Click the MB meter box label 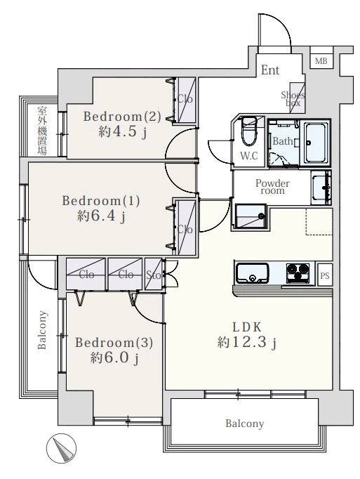point(321,61)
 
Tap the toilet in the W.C point(249,132)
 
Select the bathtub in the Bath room point(315,143)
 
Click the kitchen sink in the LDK point(253,273)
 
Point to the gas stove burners point(298,272)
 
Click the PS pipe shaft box point(325,275)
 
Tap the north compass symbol point(61,448)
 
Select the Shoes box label point(293,98)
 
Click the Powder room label point(272,187)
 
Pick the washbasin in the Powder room point(321,188)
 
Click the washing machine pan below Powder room point(251,216)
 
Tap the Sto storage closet point(154,275)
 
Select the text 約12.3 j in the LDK point(247,343)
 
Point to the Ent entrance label point(270,70)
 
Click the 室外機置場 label point(42,131)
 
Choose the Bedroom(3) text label point(114,343)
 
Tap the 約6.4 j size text point(101,216)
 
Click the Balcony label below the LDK point(245,424)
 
